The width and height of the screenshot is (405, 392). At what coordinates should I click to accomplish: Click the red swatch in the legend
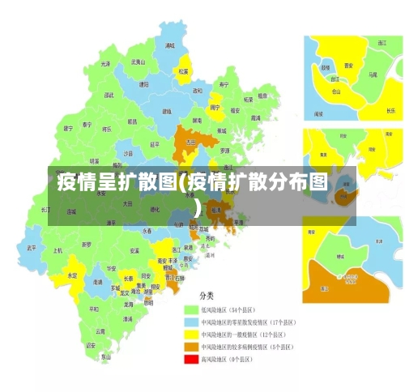193,358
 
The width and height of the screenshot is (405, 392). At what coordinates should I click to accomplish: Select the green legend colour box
193,309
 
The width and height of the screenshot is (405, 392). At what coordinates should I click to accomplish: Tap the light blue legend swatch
193,322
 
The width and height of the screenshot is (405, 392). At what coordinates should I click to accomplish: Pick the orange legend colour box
193,346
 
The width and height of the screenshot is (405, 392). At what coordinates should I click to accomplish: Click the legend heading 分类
207,296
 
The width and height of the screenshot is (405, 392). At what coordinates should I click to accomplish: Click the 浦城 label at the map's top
169,46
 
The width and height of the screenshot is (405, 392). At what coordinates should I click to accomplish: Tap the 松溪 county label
183,71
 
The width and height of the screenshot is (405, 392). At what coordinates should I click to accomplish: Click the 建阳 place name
143,83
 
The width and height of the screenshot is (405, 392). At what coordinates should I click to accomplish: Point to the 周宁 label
215,106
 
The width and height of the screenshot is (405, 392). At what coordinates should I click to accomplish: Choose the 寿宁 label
224,84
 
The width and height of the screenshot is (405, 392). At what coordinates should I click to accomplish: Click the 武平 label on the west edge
31,247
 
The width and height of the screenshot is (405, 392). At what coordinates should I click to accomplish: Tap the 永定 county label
72,275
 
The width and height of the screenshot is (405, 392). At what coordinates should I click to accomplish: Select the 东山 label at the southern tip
105,356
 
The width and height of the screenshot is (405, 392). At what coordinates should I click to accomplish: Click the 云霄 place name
100,330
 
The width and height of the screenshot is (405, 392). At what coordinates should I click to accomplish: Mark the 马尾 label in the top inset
373,74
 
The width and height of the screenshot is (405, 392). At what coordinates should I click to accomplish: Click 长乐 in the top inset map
391,110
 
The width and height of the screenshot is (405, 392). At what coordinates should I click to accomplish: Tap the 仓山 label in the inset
336,92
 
